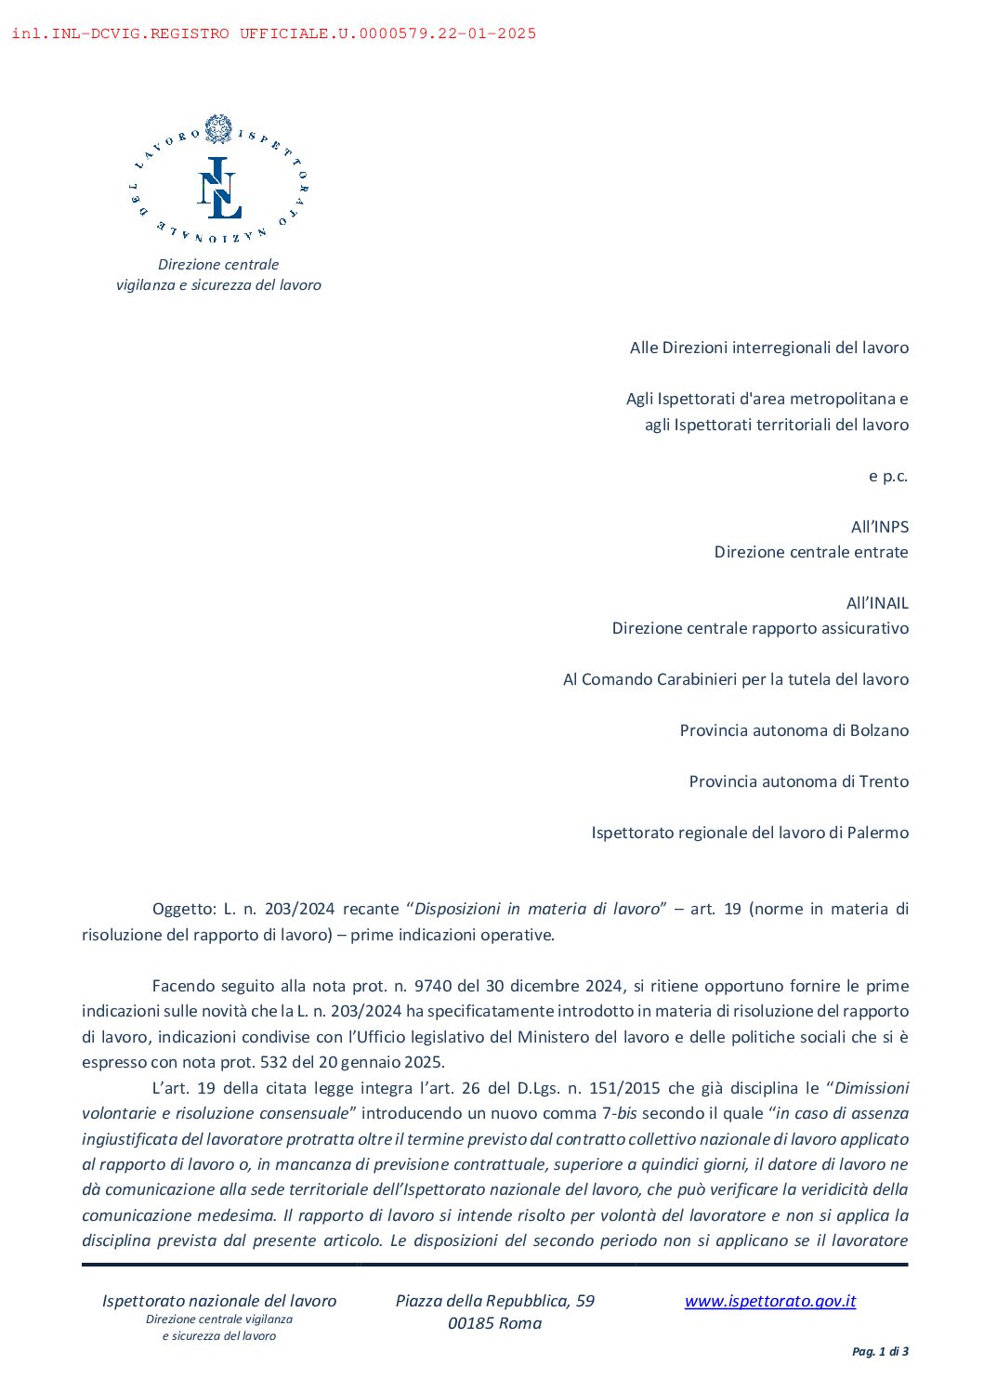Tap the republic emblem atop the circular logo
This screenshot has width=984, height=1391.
click(x=218, y=128)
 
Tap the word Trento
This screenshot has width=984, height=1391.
click(x=884, y=781)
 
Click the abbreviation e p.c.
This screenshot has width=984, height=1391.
click(x=887, y=476)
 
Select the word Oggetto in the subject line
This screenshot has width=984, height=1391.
click(x=183, y=909)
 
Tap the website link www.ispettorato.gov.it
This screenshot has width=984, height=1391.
click(x=769, y=1301)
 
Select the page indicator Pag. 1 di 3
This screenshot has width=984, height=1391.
click(x=880, y=1351)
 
